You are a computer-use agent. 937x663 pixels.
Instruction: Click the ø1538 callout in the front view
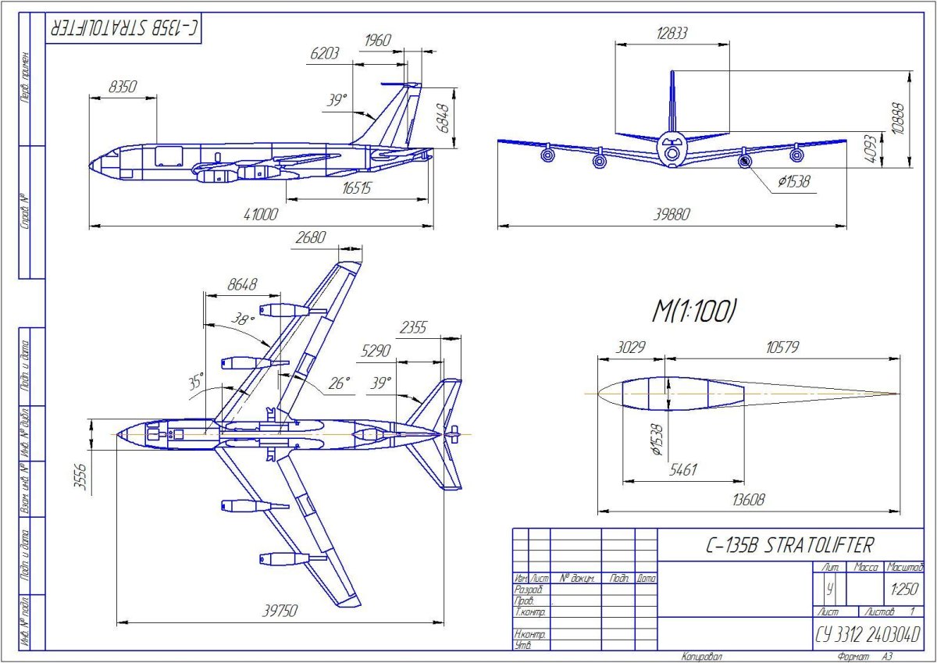pyautogui.click(x=793, y=182)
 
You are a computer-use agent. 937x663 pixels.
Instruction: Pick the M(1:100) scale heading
pyautogui.click(x=694, y=311)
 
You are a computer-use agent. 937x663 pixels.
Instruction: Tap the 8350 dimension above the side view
pyautogui.click(x=123, y=87)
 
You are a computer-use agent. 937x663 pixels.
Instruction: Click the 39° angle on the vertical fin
pyautogui.click(x=337, y=101)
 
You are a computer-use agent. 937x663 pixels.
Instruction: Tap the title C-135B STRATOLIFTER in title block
pyautogui.click(x=786, y=544)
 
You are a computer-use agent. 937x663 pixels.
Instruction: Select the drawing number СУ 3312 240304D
pyautogui.click(x=868, y=633)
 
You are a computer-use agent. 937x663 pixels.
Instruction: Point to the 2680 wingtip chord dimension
pyautogui.click(x=311, y=238)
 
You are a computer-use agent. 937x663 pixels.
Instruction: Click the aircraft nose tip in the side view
pyautogui.click(x=91, y=166)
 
